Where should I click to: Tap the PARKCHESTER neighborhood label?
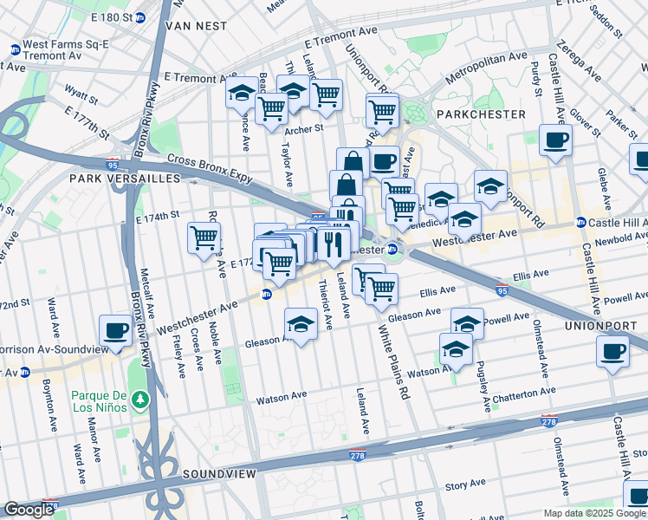(x=481, y=114)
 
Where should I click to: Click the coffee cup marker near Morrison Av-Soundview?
(x=116, y=329)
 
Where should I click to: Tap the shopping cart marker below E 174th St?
(x=204, y=237)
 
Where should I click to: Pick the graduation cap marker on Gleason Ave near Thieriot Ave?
(x=301, y=324)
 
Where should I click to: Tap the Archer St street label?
(x=304, y=129)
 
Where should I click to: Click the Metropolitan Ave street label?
(x=486, y=68)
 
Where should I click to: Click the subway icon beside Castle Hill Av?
(x=581, y=223)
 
